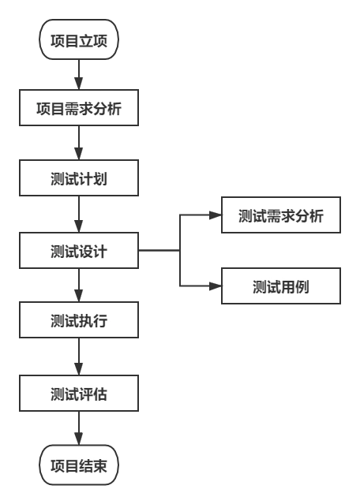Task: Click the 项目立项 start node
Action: (x=79, y=40)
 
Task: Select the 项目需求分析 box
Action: (x=79, y=108)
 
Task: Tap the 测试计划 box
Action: (x=79, y=178)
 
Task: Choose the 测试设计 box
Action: (x=79, y=252)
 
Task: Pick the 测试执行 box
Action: (x=79, y=320)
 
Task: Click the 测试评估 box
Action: (x=79, y=394)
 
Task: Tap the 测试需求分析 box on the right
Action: (x=280, y=215)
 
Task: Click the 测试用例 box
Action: (x=280, y=287)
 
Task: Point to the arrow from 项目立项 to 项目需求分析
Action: (x=79, y=77)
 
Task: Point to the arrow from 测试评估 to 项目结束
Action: (x=79, y=431)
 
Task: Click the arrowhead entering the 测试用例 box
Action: (x=215, y=287)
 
